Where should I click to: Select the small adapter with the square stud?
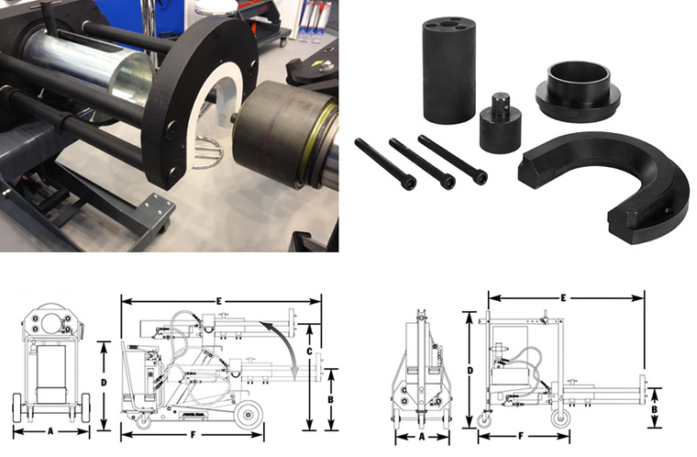(501, 127)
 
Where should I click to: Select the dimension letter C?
(310, 350)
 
